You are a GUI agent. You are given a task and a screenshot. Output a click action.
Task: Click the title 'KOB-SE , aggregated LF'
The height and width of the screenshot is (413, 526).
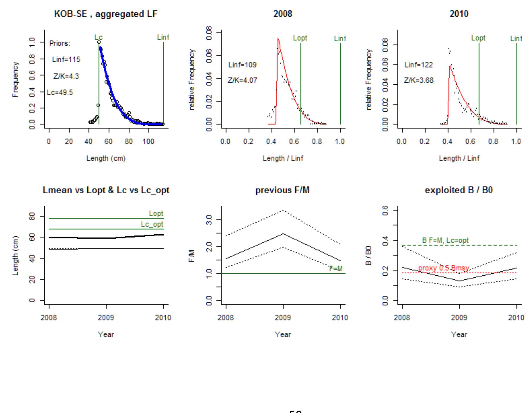point(106,14)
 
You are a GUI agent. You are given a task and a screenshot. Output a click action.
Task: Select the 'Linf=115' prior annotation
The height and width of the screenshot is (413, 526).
point(66,59)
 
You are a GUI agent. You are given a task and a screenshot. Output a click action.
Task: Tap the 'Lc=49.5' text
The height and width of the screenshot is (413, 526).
point(60,93)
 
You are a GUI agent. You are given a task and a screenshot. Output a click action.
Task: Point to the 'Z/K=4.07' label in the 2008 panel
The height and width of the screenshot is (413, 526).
point(242,80)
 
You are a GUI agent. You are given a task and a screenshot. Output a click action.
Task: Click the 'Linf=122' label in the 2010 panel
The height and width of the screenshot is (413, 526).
point(419,65)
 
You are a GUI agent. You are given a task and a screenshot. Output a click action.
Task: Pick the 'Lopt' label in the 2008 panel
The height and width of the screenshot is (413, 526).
point(300,38)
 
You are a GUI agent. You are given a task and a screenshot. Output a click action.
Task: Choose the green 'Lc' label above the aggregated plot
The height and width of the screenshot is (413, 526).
point(99,37)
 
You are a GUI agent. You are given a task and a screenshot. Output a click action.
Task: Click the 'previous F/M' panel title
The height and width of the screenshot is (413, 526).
point(282,190)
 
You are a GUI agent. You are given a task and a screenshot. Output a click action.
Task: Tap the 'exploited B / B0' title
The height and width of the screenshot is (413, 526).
point(459,190)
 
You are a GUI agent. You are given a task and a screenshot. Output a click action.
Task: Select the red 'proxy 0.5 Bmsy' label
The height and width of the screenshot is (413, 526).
point(443,268)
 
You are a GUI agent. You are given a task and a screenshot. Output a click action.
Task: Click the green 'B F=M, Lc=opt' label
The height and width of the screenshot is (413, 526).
point(445,240)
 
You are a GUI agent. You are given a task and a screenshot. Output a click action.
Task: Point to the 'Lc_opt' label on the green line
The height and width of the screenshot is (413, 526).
point(152,224)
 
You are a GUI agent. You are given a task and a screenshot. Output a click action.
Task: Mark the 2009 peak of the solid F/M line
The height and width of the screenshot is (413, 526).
point(283,234)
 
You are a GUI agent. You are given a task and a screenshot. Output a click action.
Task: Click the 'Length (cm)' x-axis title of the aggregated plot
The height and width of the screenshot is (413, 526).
point(106,158)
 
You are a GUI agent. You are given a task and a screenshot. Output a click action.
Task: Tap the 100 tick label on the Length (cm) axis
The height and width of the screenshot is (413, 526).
point(148,142)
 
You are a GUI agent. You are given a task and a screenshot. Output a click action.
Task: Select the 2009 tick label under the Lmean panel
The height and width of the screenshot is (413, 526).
point(106,318)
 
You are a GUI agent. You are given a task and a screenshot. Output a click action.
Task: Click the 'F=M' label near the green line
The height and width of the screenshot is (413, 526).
point(336,269)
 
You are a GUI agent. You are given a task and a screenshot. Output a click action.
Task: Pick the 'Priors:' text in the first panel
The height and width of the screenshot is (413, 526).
point(60,43)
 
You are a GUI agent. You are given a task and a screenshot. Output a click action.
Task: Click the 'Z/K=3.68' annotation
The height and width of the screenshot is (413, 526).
point(419,80)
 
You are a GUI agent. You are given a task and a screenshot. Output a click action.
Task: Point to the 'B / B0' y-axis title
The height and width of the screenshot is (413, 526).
point(369,255)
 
